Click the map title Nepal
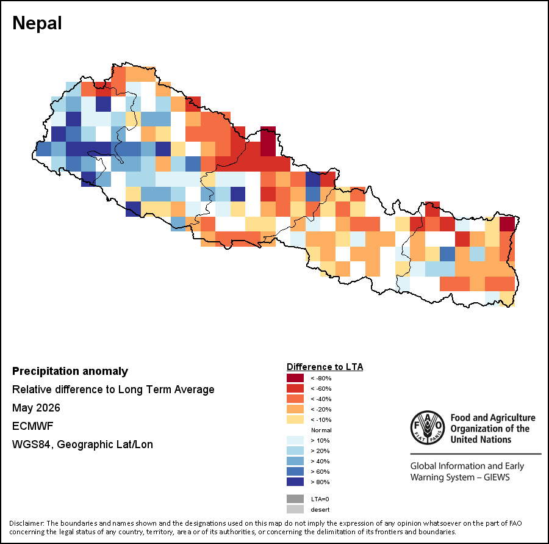(x=37, y=23)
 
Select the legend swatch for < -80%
(x=295, y=378)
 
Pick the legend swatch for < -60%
(x=295, y=388)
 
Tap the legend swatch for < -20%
(x=295, y=409)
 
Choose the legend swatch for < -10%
(x=295, y=419)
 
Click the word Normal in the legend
(x=321, y=430)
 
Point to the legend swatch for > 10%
(x=295, y=440)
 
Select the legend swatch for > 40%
(x=295, y=461)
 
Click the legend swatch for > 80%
(x=295, y=482)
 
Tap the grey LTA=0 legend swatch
(x=295, y=499)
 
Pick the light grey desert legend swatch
(x=295, y=509)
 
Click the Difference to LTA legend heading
(x=325, y=367)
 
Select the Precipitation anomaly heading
(x=70, y=371)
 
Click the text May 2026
(x=36, y=408)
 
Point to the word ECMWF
(x=32, y=426)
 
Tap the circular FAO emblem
(x=428, y=427)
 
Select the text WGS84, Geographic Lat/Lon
(x=82, y=444)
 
